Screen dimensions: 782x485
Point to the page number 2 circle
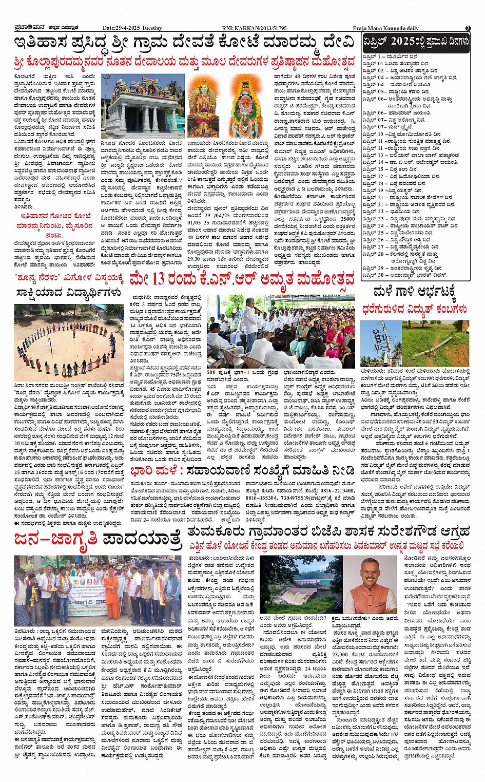pyautogui.click(x=468, y=28)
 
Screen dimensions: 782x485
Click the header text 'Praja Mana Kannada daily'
pyautogui.click(x=385, y=28)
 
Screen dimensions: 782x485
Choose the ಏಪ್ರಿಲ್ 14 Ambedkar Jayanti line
pyautogui.click(x=410, y=162)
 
